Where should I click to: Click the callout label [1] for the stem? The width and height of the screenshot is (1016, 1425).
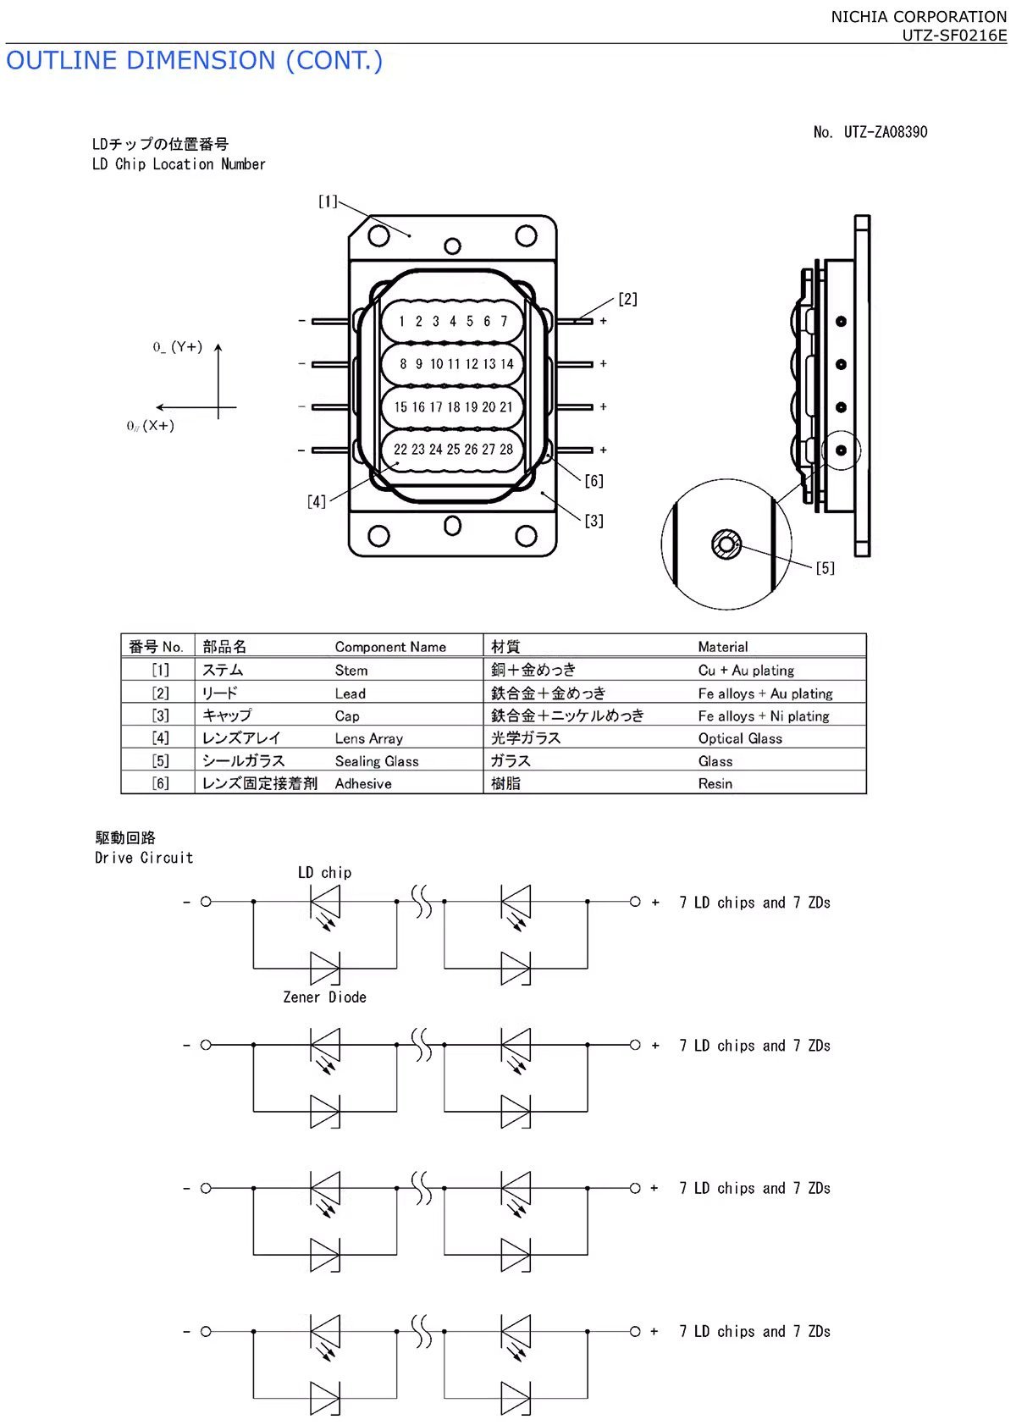click(328, 202)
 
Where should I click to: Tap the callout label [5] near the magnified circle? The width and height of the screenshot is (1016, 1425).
click(825, 568)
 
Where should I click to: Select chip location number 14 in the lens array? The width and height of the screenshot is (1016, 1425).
click(506, 364)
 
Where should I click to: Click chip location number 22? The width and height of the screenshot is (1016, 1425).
click(400, 450)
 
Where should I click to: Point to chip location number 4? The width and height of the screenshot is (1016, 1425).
click(453, 322)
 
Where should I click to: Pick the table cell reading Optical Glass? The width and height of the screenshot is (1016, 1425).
click(740, 738)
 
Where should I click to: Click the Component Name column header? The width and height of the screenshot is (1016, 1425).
click(390, 647)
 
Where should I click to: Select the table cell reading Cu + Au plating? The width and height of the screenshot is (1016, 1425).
click(746, 671)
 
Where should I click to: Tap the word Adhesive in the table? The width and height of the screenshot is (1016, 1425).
click(363, 784)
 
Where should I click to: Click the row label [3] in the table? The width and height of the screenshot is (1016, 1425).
click(160, 715)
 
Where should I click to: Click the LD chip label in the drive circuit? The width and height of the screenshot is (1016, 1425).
click(324, 872)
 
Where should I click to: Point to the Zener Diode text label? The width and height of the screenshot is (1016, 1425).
click(324, 997)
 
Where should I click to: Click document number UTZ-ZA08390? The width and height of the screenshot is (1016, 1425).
click(870, 132)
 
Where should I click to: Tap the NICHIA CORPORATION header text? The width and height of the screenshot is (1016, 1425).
click(918, 16)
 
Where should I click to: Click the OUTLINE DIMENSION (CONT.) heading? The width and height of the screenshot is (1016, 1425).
click(194, 61)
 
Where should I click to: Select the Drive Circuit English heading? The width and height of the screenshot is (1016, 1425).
click(144, 858)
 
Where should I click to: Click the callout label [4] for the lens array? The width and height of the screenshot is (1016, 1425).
click(316, 501)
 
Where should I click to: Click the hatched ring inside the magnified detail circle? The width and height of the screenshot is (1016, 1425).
click(726, 544)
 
